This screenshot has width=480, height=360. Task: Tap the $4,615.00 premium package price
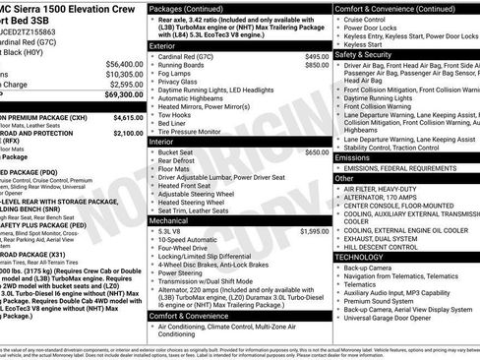(114, 115)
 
